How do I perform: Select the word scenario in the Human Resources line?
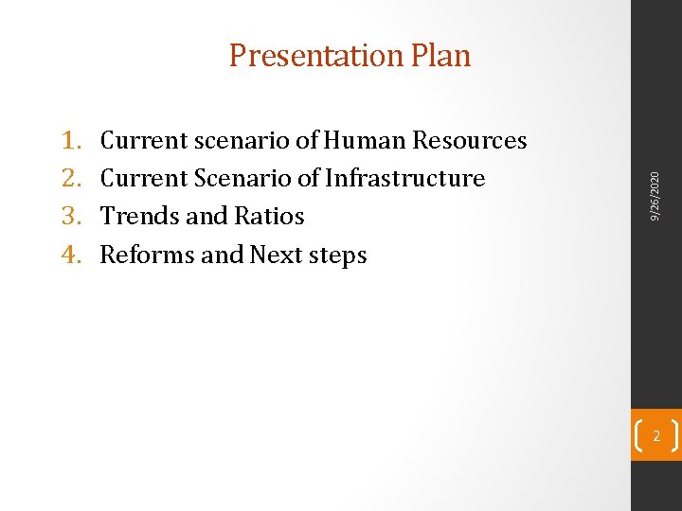click(x=242, y=141)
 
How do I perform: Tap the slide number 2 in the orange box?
click(x=655, y=435)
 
